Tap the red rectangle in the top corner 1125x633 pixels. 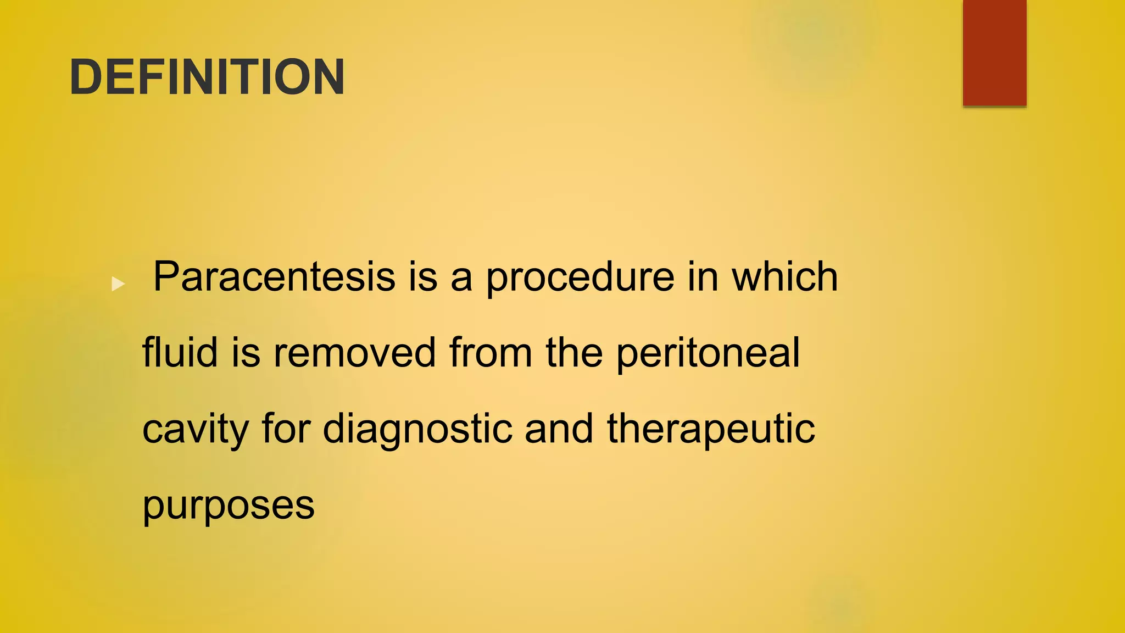(994, 52)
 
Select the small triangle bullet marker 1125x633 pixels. (118, 284)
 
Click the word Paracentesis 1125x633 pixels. (274, 276)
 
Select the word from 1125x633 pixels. (491, 353)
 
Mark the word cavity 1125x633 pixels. (196, 430)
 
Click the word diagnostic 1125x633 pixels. (417, 430)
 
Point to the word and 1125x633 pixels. (559, 429)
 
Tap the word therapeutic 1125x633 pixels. (711, 430)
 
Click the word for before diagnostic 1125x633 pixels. (286, 429)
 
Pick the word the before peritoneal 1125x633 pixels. (574, 353)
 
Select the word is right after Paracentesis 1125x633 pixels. (422, 276)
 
